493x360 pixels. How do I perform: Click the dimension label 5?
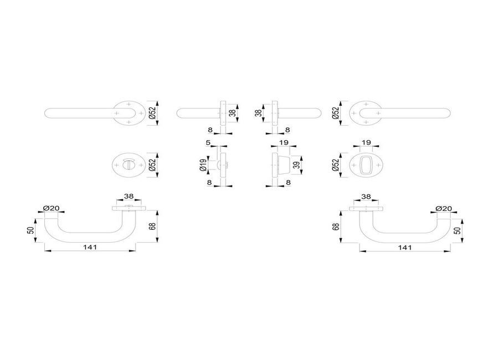(208, 143)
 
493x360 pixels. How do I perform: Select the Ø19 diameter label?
(203, 164)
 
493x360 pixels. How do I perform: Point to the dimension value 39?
(296, 164)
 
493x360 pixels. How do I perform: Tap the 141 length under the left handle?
(90, 247)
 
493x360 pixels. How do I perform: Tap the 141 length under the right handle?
(405, 247)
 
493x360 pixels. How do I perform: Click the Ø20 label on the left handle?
(52, 208)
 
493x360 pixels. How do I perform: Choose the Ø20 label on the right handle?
(444, 208)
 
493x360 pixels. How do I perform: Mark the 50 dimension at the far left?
(31, 230)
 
